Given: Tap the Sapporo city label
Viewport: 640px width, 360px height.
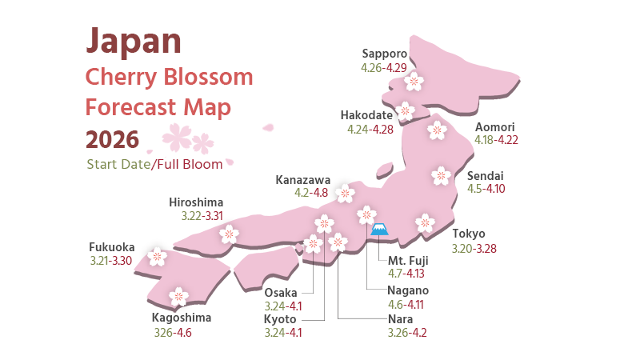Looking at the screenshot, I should tap(385, 54).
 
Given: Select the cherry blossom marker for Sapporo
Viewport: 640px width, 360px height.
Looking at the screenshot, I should tap(414, 80).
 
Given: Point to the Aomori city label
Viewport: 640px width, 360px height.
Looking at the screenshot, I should tap(495, 127).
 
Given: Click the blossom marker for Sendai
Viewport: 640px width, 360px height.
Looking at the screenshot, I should tap(441, 175).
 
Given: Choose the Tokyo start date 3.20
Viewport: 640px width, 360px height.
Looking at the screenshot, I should tap(462, 248).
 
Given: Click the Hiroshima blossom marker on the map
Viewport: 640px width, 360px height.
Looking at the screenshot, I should tap(230, 234).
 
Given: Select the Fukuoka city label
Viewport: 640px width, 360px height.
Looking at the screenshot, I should tap(112, 246).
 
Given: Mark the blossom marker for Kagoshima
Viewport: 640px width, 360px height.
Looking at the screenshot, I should tap(178, 297).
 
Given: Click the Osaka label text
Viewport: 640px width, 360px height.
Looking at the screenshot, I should tap(281, 292).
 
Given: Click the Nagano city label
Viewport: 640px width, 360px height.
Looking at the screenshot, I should tap(408, 290).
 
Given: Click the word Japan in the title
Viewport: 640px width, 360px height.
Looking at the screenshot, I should tap(133, 40).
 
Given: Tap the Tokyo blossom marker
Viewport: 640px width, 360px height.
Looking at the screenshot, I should tap(425, 223).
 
